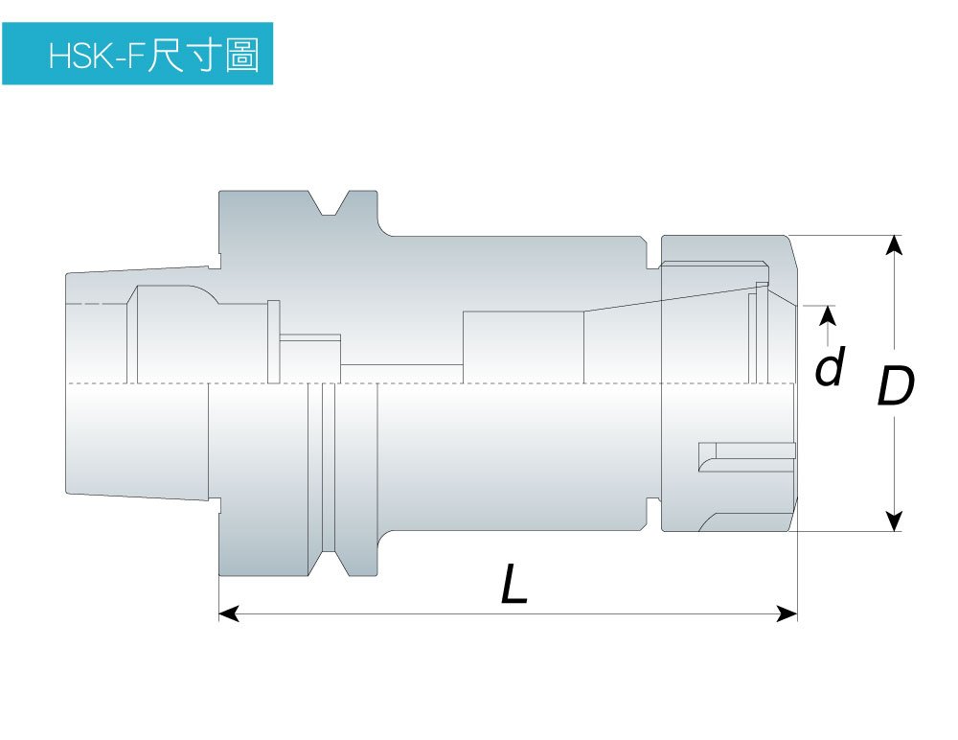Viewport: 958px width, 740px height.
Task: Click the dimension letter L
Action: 513,584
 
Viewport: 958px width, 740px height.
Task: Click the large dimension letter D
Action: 896,386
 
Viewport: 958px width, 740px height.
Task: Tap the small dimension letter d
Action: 831,366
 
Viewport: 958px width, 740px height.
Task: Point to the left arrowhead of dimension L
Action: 229,613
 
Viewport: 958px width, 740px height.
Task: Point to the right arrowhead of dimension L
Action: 787,613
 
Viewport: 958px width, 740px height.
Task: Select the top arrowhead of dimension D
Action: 895,245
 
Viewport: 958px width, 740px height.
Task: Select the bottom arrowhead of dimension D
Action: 895,520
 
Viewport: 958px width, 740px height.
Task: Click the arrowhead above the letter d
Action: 828,314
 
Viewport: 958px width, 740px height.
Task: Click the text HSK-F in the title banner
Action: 96,57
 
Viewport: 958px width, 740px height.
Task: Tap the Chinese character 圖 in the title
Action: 242,55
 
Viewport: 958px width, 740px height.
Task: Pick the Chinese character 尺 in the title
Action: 165,55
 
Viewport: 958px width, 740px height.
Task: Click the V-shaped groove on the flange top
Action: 331,202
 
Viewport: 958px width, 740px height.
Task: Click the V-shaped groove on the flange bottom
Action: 331,564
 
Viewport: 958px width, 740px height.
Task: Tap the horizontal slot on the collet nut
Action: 747,457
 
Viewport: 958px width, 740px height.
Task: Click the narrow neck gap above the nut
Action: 653,253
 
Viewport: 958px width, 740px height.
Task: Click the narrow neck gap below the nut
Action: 653,514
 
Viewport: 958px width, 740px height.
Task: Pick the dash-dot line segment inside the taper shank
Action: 98,304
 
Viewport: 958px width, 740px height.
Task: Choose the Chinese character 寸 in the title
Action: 203,55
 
